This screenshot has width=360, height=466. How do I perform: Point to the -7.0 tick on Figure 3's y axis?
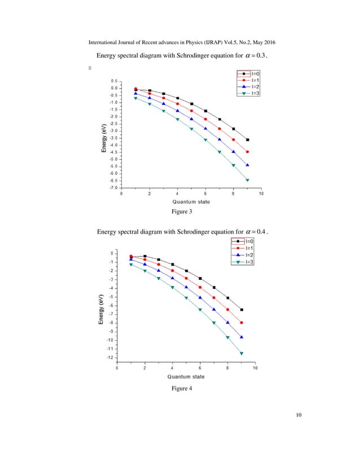113,188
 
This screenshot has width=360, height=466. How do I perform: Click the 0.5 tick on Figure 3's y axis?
113,81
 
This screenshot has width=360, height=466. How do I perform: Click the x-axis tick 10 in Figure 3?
261,194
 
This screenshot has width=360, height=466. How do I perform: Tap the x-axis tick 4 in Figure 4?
172,368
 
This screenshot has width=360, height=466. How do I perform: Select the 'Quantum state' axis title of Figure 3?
191,201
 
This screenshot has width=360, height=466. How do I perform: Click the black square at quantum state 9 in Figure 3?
248,140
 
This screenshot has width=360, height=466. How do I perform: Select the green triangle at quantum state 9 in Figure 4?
242,354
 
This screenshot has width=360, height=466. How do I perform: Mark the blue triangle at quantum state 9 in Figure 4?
242,337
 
